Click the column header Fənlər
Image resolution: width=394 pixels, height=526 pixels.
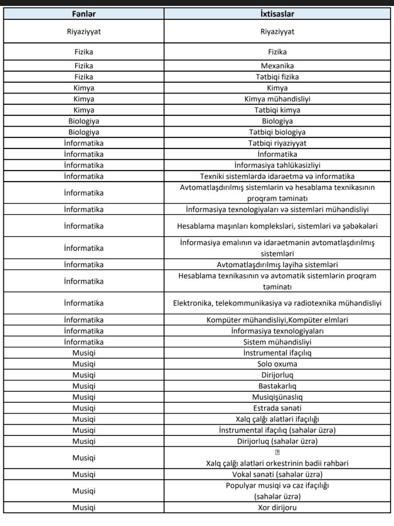[x=84, y=14]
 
